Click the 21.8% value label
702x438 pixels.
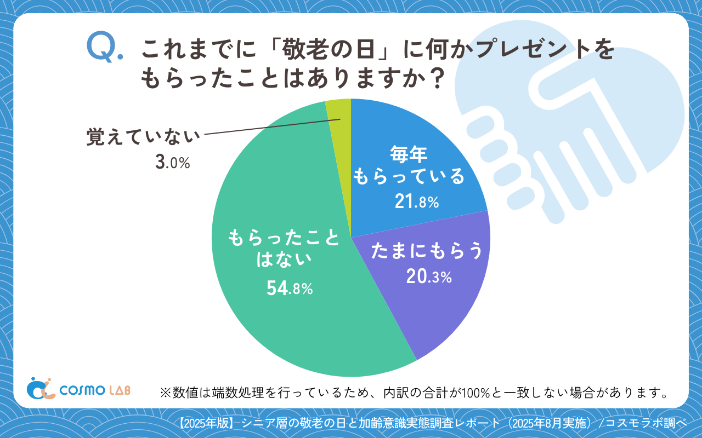417,203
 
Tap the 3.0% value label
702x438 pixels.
172,163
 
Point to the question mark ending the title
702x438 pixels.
434,80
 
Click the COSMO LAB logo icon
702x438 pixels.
41,388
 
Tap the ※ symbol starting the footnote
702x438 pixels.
166,393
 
